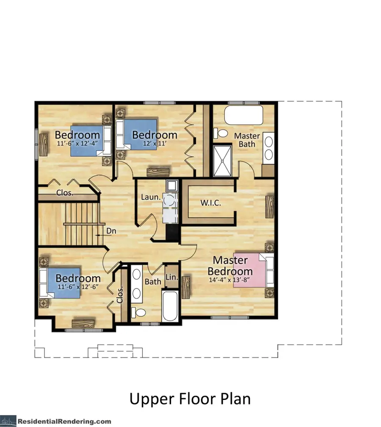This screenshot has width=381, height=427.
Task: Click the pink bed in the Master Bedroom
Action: tap(253, 270)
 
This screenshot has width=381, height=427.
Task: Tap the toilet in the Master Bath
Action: tap(221, 133)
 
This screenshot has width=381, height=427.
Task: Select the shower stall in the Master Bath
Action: tap(222, 161)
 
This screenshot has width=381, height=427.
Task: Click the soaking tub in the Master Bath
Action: tap(243, 115)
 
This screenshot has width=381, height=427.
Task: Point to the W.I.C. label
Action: tap(211, 202)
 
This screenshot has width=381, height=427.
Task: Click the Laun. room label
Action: tap(151, 197)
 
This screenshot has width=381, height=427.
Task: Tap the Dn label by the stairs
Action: tap(111, 231)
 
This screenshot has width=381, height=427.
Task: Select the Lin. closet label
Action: tap(172, 277)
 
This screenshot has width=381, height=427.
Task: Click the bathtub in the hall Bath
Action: tap(170, 306)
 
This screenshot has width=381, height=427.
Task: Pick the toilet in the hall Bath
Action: tap(138, 313)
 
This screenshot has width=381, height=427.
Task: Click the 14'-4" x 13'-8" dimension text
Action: tap(229, 280)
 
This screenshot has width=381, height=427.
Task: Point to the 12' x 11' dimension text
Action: tap(155, 143)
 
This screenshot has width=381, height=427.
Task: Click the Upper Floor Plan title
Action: tap(190, 399)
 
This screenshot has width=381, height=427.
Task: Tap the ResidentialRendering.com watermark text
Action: tap(64, 421)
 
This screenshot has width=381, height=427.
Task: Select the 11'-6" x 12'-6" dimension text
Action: tap(78, 287)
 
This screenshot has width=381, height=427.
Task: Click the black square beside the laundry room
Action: tap(172, 232)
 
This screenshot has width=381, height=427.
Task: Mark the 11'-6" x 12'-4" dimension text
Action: tap(77, 143)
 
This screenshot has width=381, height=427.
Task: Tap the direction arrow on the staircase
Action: tap(99, 235)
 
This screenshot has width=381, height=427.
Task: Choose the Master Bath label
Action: tap(247, 140)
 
